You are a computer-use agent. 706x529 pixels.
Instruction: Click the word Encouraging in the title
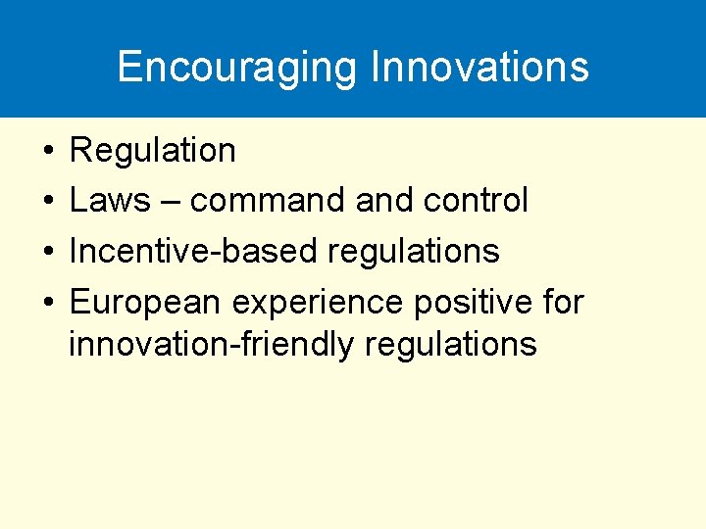(x=237, y=67)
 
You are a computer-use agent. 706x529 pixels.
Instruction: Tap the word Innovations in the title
(x=479, y=67)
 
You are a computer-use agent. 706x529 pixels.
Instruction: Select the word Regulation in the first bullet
(x=153, y=151)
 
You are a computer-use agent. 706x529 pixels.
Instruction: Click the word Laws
(x=110, y=201)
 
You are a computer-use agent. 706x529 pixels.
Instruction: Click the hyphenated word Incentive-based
(x=193, y=252)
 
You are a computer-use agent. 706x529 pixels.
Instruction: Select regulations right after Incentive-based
(x=413, y=252)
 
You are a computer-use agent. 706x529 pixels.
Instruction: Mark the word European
(x=146, y=303)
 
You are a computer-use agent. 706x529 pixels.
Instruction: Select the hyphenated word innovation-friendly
(x=197, y=345)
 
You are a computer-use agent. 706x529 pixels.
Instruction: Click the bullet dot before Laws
(x=47, y=202)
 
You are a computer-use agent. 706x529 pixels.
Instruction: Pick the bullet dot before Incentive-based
(x=47, y=253)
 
